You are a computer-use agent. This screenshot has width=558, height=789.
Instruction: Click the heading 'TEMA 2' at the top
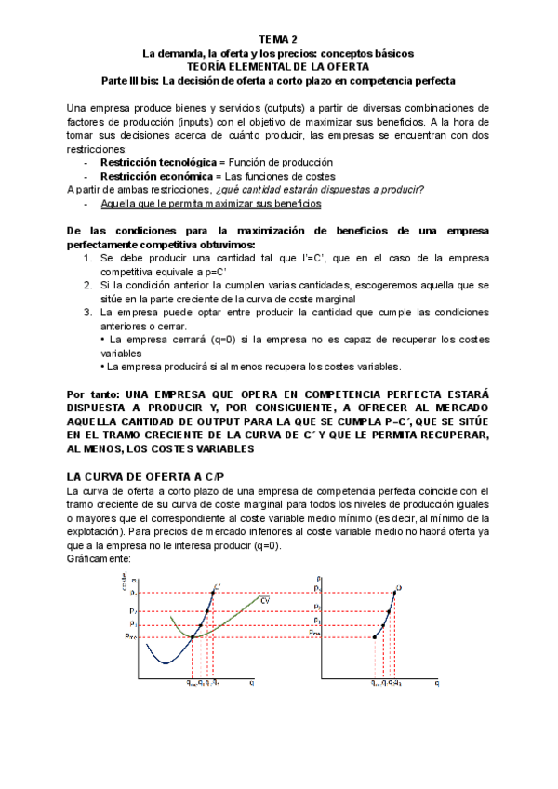[278, 39]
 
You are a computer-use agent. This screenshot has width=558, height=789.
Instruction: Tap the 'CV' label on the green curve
[265, 601]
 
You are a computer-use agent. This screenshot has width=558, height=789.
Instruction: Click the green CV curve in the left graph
[232, 619]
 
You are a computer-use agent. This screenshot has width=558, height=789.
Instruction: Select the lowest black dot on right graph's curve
[375, 637]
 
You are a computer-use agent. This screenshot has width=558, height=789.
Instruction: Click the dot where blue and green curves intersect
[192, 637]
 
